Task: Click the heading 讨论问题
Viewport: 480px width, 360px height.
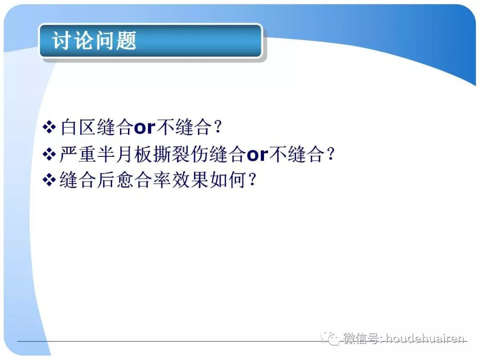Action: [x=94, y=41]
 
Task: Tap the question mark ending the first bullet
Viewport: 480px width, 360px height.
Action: [x=217, y=128]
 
